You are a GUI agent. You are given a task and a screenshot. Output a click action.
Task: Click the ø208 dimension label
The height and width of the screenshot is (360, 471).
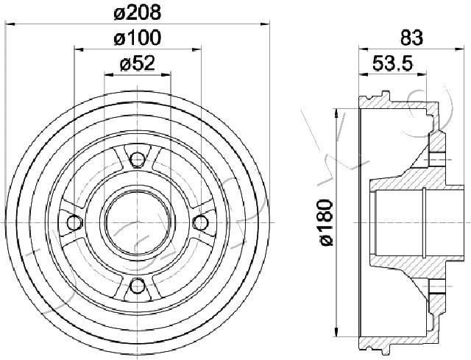click(x=138, y=13)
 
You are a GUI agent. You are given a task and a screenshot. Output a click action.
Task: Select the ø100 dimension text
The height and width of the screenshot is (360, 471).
click(x=138, y=38)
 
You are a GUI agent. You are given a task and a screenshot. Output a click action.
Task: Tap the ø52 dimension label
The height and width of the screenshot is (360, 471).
click(x=138, y=64)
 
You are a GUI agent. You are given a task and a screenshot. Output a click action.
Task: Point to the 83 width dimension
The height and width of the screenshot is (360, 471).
click(x=411, y=38)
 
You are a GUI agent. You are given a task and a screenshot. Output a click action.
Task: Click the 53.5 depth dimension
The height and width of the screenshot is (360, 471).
click(x=393, y=64)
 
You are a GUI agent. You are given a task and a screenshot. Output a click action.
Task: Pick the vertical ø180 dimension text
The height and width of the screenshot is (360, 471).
click(x=325, y=222)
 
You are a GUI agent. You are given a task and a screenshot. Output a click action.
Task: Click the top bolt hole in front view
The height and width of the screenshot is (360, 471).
click(x=138, y=159)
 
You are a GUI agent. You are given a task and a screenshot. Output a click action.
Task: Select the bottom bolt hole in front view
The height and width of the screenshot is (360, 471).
click(x=138, y=286)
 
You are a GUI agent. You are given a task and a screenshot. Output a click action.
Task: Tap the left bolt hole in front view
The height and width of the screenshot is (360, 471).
click(x=74, y=222)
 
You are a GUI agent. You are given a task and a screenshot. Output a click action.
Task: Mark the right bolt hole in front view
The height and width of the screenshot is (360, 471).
click(x=200, y=222)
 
